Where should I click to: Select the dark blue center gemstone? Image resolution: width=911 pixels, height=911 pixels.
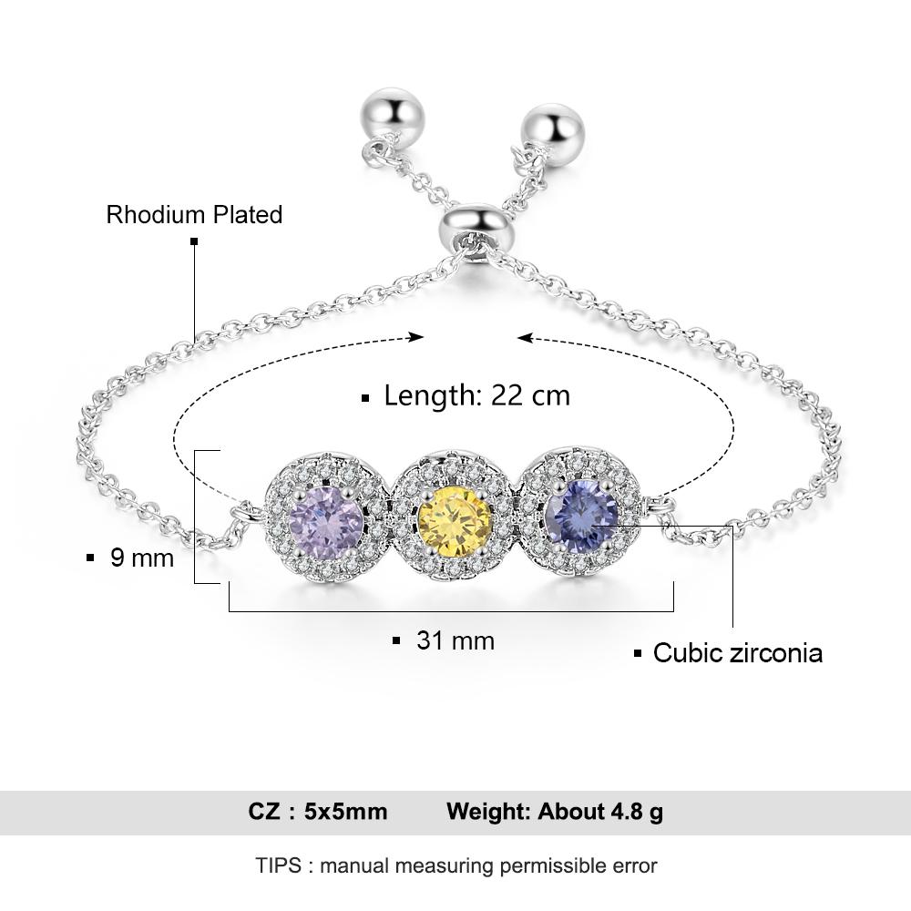click(581, 515)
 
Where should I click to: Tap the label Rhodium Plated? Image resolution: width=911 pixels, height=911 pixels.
click(194, 215)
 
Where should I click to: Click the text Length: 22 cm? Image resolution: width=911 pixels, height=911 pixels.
click(476, 395)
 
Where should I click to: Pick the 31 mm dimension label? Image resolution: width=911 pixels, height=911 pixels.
click(455, 640)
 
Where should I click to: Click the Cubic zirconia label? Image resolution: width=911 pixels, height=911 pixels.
click(737, 653)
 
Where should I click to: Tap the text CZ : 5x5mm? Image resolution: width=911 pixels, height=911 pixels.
click(318, 812)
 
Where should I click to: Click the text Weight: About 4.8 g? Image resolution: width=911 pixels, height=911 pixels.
click(554, 812)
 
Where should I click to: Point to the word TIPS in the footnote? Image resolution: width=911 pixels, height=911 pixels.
click(278, 865)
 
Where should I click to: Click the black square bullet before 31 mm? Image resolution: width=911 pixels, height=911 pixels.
click(396, 641)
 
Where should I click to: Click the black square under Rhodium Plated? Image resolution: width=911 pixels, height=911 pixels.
click(194, 241)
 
